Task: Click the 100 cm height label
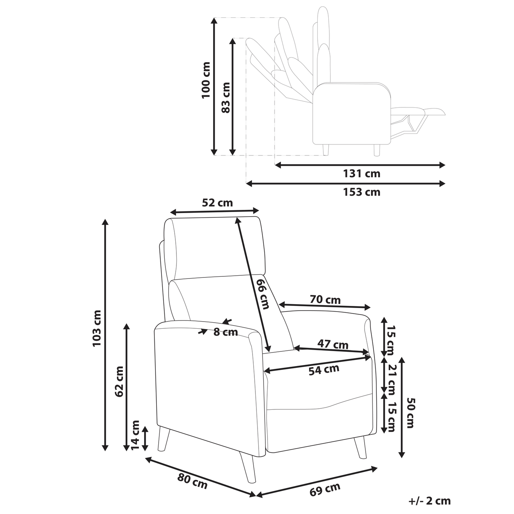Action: click(x=206, y=80)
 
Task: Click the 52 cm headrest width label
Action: click(x=217, y=203)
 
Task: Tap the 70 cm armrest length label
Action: click(x=325, y=300)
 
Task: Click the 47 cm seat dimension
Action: click(x=333, y=344)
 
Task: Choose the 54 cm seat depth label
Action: click(x=324, y=370)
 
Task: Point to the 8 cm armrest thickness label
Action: click(x=226, y=332)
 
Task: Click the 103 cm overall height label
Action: click(x=96, y=328)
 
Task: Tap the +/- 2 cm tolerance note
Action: click(x=430, y=501)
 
